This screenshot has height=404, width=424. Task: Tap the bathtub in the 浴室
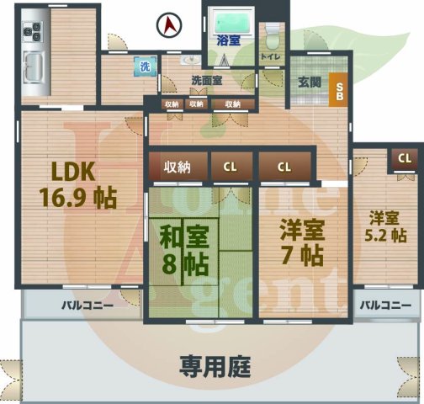(228, 20)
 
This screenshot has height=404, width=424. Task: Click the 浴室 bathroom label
(228, 40)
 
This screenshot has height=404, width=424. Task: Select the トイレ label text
(271, 56)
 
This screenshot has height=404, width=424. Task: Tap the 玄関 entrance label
(309, 82)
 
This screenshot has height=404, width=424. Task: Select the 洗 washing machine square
(145, 66)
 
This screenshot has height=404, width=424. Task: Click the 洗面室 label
(206, 81)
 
